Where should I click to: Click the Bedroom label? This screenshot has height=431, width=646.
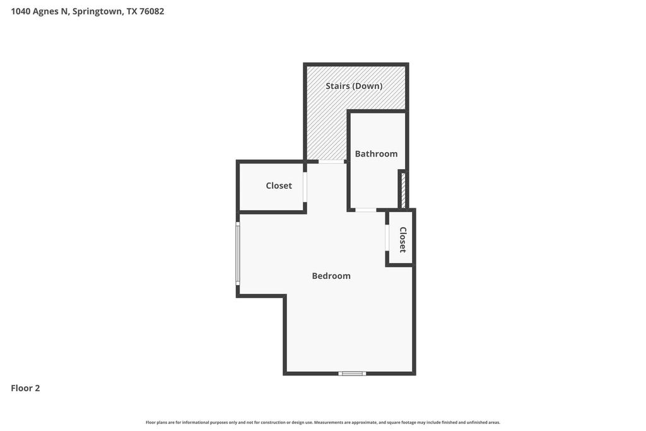[x=331, y=276]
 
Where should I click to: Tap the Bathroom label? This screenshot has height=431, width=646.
[x=376, y=154]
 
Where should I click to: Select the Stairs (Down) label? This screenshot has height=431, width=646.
[x=354, y=86]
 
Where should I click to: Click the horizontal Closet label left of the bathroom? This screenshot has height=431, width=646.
[x=279, y=186]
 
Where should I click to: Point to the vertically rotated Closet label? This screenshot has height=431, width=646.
[x=402, y=239]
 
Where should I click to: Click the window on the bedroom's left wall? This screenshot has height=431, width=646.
[x=238, y=254]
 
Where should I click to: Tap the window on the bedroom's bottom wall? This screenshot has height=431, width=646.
[x=352, y=374]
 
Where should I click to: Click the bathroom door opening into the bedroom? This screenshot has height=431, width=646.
[x=366, y=210]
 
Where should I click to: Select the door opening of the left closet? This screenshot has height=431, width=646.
[x=305, y=187]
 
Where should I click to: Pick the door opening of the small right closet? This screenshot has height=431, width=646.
[x=387, y=237]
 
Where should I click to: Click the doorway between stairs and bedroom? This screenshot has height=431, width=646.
[x=332, y=162]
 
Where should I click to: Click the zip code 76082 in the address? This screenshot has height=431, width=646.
[x=151, y=11]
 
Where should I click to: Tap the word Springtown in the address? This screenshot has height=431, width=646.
[x=98, y=11]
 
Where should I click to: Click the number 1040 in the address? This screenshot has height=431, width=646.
[x=21, y=11]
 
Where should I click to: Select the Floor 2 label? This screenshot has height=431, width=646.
[x=25, y=388]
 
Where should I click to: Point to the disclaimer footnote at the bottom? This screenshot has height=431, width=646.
[x=323, y=422]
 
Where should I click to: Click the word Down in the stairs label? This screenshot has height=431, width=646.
[x=368, y=86]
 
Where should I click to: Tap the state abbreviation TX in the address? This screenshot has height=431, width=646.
[x=132, y=11]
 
